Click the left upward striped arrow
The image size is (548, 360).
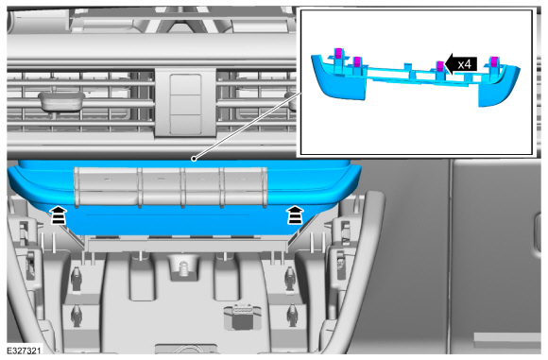[x=59, y=214]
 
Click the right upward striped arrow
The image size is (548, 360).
[x=296, y=214]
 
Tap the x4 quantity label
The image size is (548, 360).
[x=465, y=64]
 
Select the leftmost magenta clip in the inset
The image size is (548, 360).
[x=338, y=53]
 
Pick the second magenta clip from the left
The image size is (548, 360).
[x=357, y=61]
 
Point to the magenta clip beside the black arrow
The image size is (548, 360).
[x=440, y=66]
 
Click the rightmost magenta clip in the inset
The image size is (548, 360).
[x=494, y=61]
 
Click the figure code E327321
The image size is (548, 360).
[x=24, y=351]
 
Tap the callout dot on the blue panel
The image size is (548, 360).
[x=194, y=159]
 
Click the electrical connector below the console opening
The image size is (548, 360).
[x=242, y=317]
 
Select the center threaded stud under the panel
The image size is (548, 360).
[x=182, y=269]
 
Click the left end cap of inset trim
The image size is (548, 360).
[x=338, y=77]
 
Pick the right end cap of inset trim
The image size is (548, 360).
[x=499, y=86]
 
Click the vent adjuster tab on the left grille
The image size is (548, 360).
[x=61, y=101]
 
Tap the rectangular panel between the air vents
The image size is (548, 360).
[x=185, y=104]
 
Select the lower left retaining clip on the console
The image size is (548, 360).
[x=76, y=316]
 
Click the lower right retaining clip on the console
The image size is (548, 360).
[x=291, y=316]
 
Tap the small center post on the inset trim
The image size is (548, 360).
[x=407, y=67]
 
